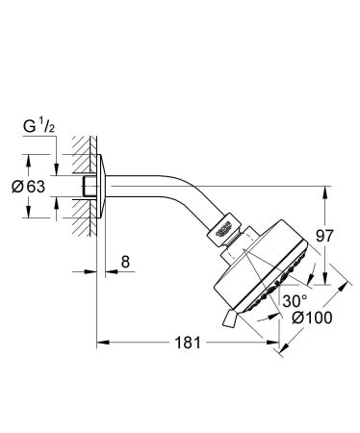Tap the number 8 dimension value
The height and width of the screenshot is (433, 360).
(x=126, y=261)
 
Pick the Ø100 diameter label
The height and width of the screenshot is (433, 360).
(x=306, y=318)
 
